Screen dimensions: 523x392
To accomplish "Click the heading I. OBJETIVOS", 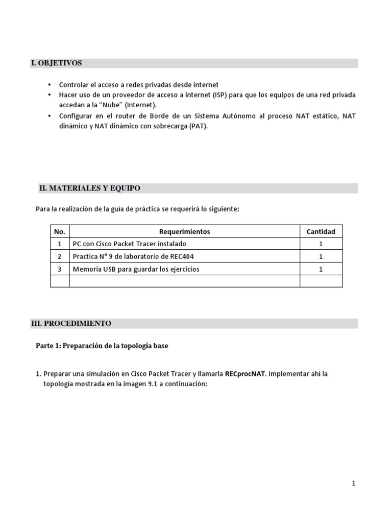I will point(56,63).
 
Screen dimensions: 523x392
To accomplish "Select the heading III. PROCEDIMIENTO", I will point(71,324).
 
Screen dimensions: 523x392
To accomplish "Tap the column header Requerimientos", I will point(184,231).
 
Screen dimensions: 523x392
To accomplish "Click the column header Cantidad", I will point(321,231).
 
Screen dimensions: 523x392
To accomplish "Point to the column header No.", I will point(60,231).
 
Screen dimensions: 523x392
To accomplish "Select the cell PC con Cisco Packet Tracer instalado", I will point(130,244).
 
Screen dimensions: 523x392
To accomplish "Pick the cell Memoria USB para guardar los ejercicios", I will point(136,269).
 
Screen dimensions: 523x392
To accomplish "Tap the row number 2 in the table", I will point(60,256).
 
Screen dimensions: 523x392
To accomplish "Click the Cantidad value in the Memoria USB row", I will point(321,269).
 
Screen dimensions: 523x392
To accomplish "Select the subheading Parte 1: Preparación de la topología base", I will point(102,346).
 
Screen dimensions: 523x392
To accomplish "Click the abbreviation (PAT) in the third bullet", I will point(198,126).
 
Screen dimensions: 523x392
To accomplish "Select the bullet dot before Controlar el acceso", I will point(49,85).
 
